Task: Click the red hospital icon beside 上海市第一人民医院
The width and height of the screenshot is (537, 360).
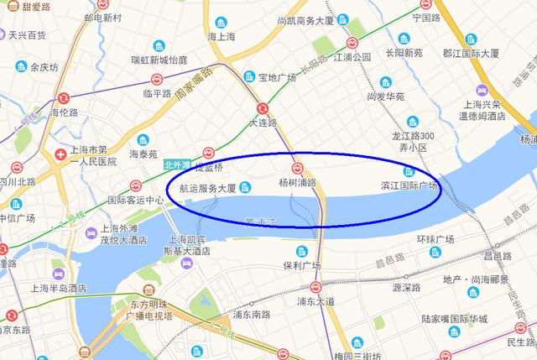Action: pyautogui.click(x=60, y=155)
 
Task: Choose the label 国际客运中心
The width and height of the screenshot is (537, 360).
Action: pyautogui.click(x=136, y=201)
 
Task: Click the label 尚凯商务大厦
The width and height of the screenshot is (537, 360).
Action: pyautogui.click(x=308, y=19)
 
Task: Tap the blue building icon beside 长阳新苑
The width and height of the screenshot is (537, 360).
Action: pyautogui.click(x=404, y=38)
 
